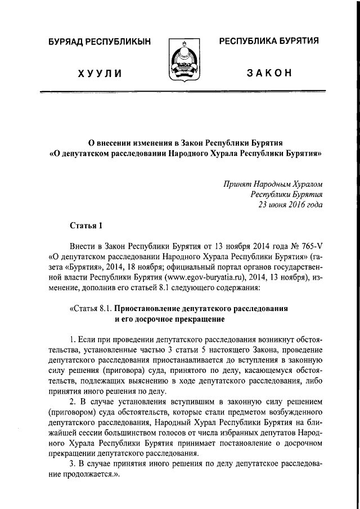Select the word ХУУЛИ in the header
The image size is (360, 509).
click(96, 74)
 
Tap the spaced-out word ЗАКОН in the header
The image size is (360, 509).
click(268, 74)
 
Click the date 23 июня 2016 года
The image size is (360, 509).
click(290, 204)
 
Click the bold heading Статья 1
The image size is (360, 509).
click(87, 226)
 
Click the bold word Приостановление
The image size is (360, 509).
click(154, 309)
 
